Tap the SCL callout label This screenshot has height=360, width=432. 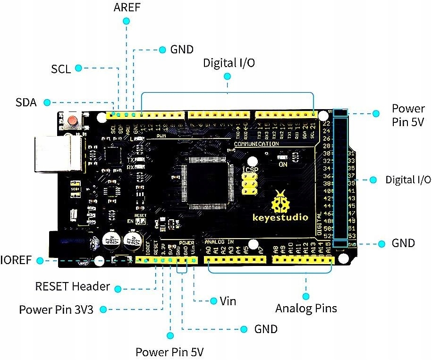[x=61, y=69]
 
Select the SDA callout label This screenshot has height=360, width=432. [x=26, y=102]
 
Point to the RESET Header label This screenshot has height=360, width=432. [x=73, y=286]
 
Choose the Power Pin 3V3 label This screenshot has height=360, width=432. [x=56, y=309]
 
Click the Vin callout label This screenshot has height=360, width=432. [x=228, y=301]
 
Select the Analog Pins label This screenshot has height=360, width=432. [x=306, y=309]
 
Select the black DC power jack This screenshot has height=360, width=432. [x=66, y=246]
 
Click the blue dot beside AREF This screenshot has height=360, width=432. [x=126, y=21]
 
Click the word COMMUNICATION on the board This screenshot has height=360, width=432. [x=256, y=144]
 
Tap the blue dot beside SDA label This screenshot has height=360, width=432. [x=46, y=102]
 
